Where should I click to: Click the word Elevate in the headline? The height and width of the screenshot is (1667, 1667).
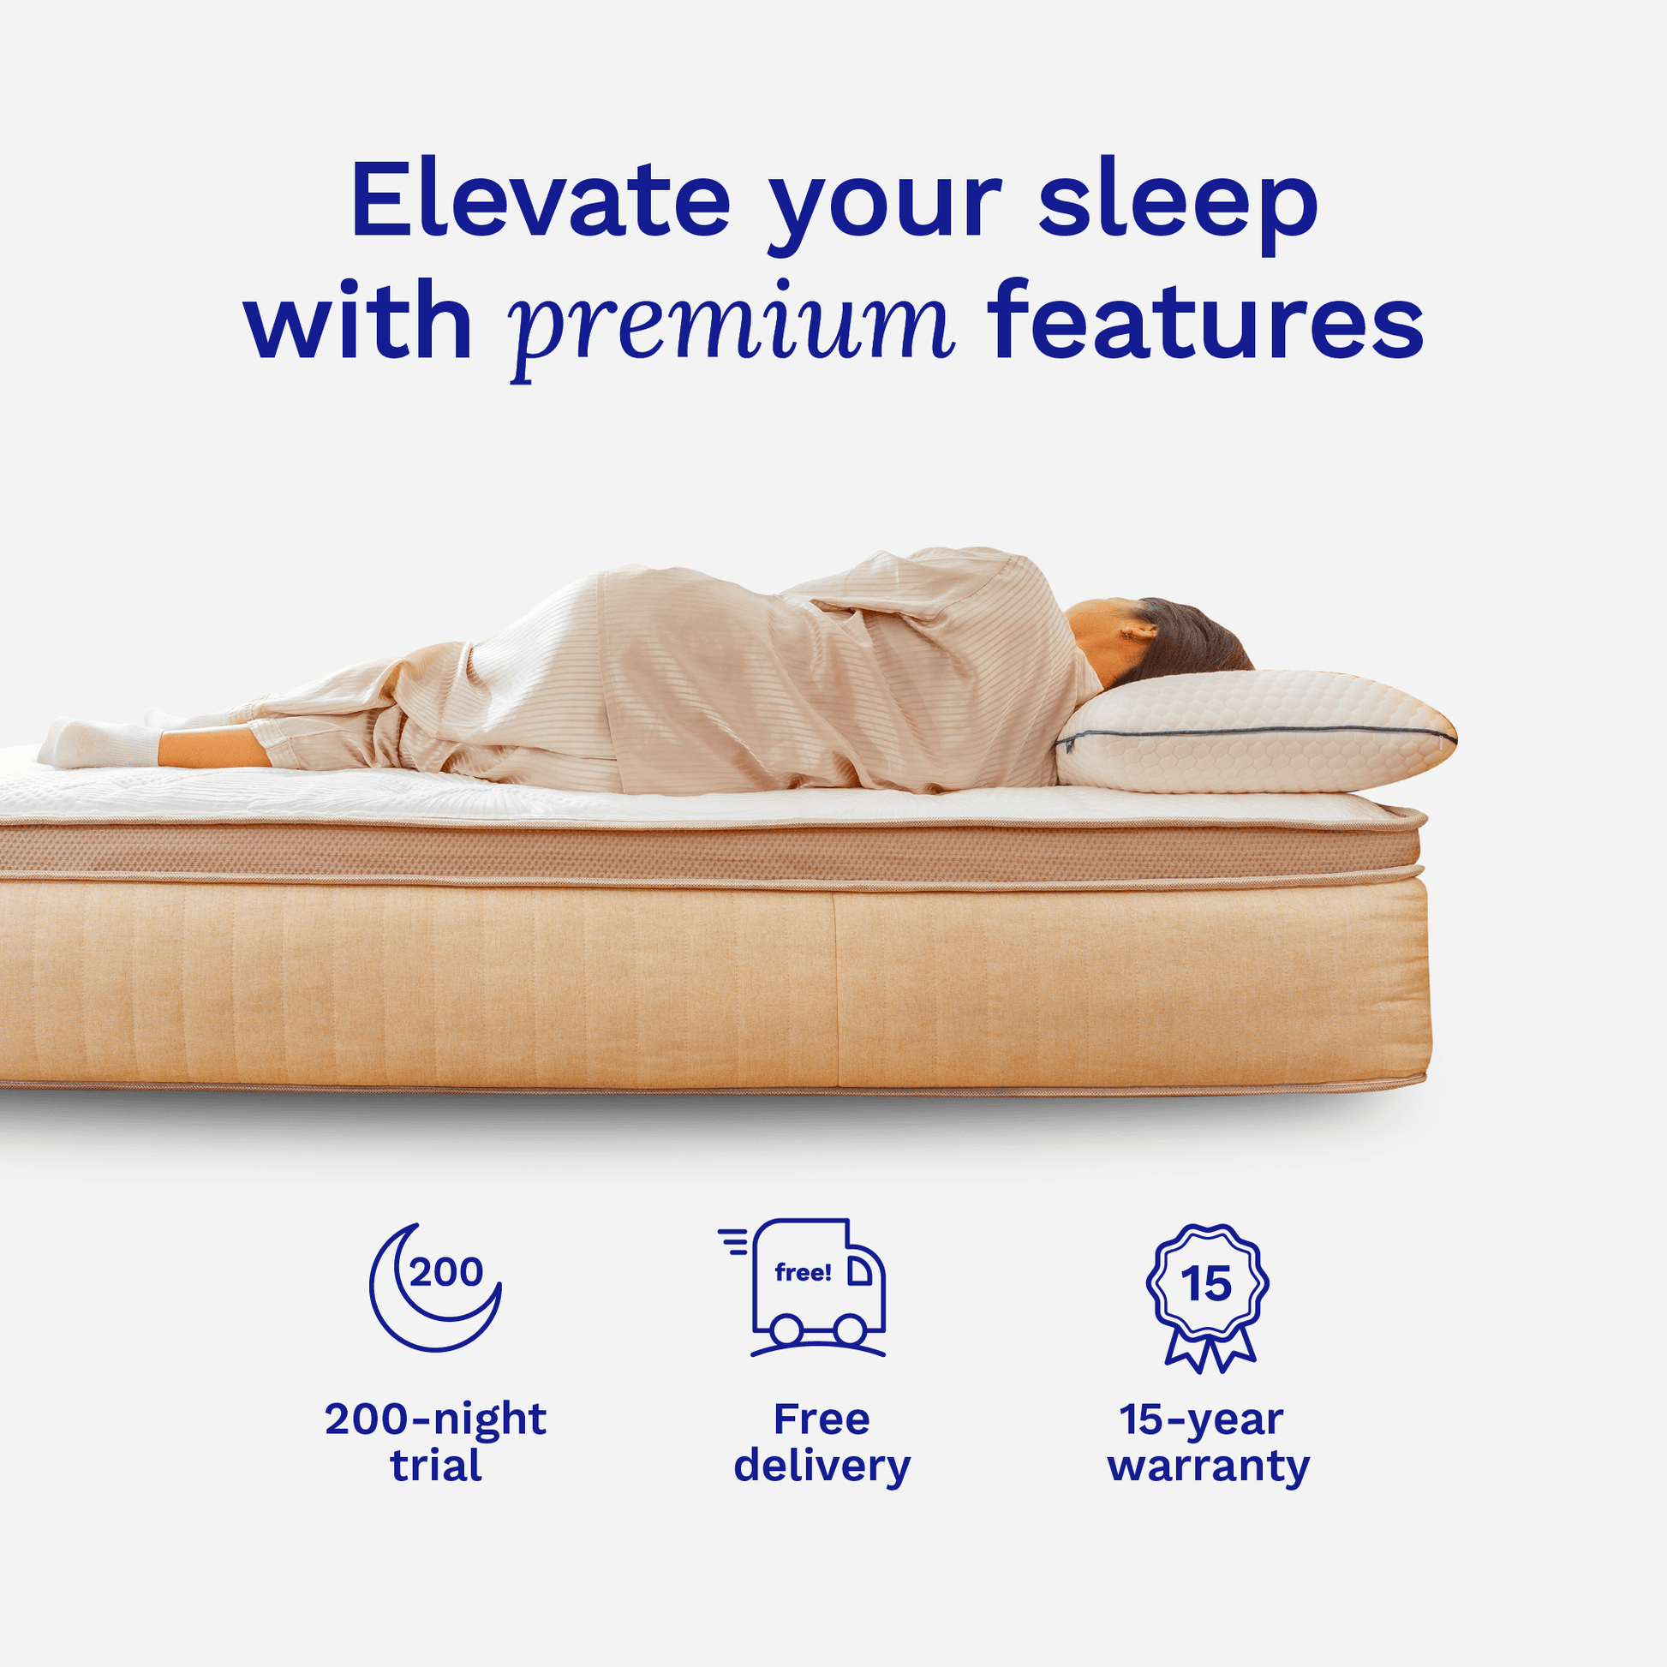click(541, 200)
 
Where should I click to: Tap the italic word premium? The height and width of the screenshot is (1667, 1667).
click(732, 325)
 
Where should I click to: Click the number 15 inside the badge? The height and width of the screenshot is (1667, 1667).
click(1206, 1285)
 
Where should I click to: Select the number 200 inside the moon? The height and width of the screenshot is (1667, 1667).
click(446, 1272)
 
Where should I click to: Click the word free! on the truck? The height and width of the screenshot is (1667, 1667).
click(803, 1272)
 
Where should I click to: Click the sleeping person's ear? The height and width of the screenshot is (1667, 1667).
click(1138, 630)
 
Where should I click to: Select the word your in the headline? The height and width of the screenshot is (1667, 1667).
click(884, 207)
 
